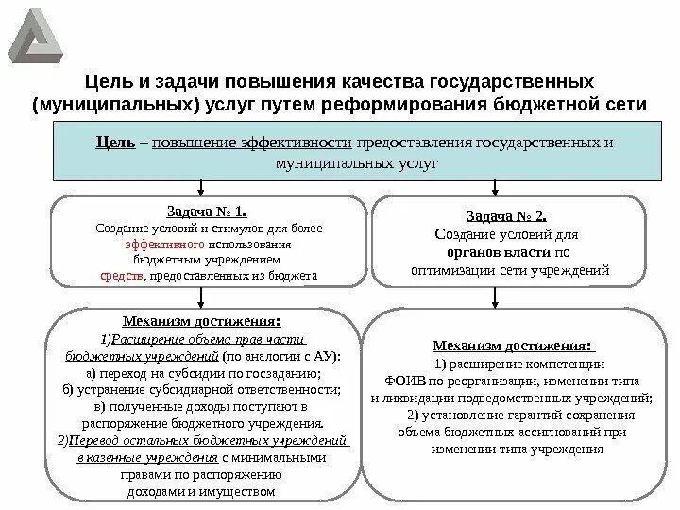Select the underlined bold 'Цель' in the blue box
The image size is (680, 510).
pyautogui.click(x=114, y=143)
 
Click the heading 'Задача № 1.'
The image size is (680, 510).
pyautogui.click(x=207, y=212)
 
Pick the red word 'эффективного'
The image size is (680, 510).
pyautogui.click(x=158, y=244)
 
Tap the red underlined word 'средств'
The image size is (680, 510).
pyautogui.click(x=122, y=276)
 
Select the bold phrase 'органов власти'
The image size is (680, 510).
pyautogui.click(x=496, y=253)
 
